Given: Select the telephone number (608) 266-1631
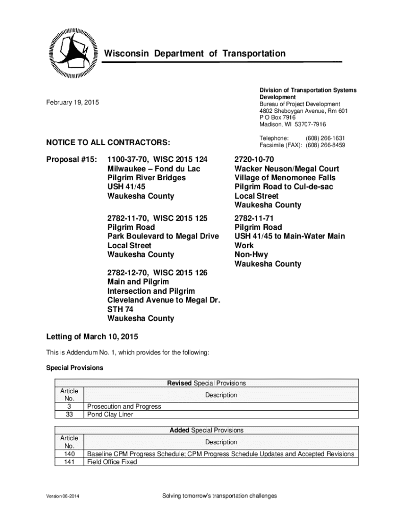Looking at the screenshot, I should pos(325,138).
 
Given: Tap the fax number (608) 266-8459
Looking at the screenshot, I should pos(325,145).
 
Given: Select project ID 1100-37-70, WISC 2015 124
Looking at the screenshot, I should pos(157,159).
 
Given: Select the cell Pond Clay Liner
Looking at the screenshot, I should pos(110,414).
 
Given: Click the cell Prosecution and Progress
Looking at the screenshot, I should pos(124,406).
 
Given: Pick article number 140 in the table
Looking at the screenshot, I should pos(69,454).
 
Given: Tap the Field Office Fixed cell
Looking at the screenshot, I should pos(112,462).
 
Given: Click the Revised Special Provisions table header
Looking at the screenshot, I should pos(206,383).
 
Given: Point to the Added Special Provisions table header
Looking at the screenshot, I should pos(206,430).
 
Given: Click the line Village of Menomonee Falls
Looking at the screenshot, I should pos(285,178).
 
